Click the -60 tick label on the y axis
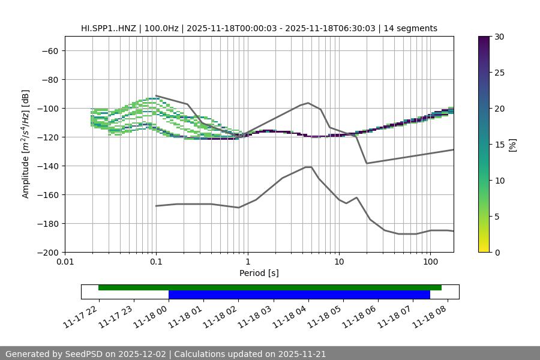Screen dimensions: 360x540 point(49,50)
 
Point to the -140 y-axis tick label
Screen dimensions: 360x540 point(47,166)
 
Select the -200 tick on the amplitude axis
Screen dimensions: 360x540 point(47,252)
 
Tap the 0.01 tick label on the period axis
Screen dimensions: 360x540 point(65,262)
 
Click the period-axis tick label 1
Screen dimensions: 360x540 point(247,262)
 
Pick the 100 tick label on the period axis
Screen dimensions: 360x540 point(430,262)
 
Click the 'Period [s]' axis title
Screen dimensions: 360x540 point(259,273)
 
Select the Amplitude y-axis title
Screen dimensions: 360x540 point(26,144)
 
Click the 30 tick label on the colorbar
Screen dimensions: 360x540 point(499,37)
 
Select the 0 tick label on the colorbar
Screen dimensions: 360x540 point(497,252)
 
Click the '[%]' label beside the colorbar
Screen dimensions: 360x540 point(512,145)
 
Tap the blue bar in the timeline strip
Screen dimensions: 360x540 point(299,295)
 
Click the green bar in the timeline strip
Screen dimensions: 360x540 point(269,287)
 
